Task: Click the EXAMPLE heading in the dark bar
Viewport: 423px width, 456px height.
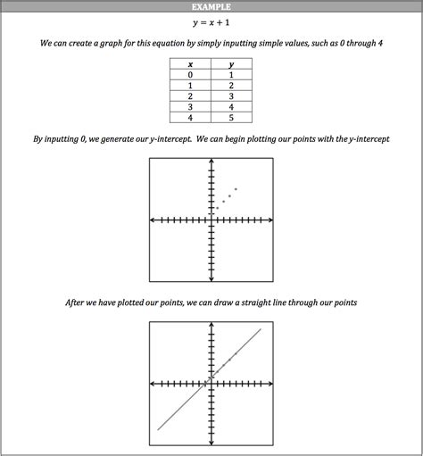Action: [x=211, y=6]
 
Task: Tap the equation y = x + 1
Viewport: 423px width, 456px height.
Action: [x=211, y=23]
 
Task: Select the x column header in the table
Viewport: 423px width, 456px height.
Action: [x=190, y=64]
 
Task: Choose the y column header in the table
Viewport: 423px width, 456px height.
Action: [x=231, y=64]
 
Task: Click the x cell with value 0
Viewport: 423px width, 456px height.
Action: [x=190, y=75]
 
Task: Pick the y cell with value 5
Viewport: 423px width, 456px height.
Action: [x=231, y=117]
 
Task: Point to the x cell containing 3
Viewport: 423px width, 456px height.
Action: [x=190, y=106]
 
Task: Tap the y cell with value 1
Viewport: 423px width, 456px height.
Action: [x=231, y=75]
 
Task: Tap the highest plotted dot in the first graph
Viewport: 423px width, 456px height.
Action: [x=236, y=188]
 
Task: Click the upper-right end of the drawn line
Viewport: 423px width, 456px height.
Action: [x=261, y=330]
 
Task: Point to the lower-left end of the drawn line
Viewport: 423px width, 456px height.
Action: [x=159, y=430]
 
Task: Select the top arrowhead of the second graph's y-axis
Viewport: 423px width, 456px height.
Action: [x=211, y=327]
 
